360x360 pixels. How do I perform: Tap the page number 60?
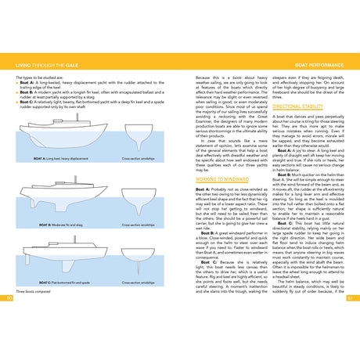pyautogui.click(x=9, y=298)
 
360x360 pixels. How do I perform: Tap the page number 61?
pyautogui.click(x=351, y=298)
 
